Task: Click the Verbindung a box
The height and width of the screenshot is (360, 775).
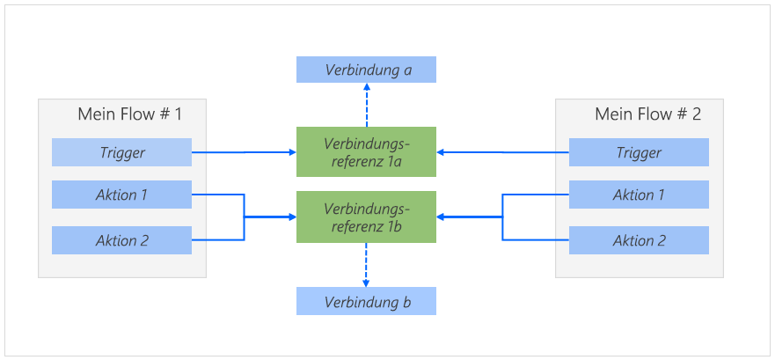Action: tap(366, 70)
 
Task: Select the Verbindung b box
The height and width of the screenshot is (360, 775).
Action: tap(366, 302)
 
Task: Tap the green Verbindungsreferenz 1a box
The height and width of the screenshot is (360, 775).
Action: tap(366, 152)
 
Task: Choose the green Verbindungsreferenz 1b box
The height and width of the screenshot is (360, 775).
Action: tap(366, 217)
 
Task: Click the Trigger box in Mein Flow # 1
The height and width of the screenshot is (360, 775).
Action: tap(121, 152)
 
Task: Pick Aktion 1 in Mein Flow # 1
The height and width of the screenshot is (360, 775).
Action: tap(121, 195)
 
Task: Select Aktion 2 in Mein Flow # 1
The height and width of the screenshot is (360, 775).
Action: tap(121, 240)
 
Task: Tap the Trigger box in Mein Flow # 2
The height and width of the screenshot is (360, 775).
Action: tap(639, 152)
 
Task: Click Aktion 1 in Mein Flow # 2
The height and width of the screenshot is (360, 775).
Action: tap(639, 195)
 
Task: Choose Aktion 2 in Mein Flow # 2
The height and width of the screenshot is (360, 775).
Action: tap(639, 240)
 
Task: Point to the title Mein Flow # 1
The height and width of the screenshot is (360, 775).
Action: tap(129, 114)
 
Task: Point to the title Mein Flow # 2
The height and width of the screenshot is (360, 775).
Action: tap(647, 114)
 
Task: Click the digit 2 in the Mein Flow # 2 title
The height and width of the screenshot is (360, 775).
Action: tap(696, 114)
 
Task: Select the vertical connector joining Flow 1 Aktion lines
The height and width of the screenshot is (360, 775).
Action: tap(244, 217)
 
